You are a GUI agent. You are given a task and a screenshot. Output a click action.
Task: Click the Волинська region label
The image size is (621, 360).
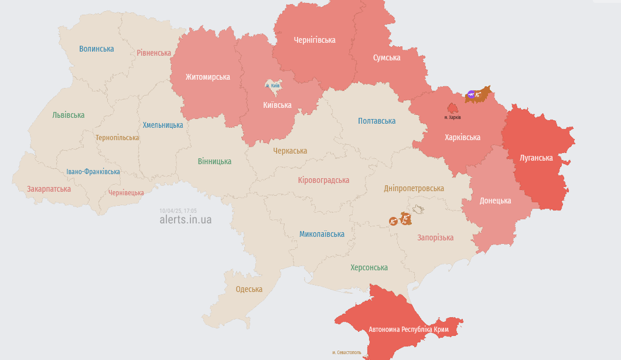pyautogui.click(x=97, y=49)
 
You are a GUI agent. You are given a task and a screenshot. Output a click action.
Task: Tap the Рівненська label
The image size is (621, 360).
pyautogui.click(x=154, y=53)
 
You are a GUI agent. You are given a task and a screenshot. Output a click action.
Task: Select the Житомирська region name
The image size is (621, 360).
pyautogui.click(x=207, y=77)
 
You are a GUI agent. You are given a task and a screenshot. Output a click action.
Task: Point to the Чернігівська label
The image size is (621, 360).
pyautogui.click(x=315, y=40)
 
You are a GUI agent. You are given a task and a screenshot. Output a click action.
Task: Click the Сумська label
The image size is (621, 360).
pyautogui.click(x=387, y=57)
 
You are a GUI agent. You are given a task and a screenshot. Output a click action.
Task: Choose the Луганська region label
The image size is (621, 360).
pyautogui.click(x=536, y=158)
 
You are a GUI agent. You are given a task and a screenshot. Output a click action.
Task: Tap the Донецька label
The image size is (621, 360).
pyautogui.click(x=495, y=201)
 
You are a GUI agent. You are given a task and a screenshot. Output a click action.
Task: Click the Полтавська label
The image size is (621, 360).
pyautogui.click(x=377, y=121)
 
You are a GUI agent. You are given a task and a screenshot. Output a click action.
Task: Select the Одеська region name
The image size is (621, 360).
pyautogui.click(x=249, y=289)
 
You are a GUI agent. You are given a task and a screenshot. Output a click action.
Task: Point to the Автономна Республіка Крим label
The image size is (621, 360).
pyautogui.click(x=408, y=330)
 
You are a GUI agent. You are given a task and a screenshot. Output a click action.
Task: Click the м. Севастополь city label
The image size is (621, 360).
pyautogui.click(x=347, y=352)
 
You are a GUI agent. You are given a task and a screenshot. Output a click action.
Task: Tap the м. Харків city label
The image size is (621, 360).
pyautogui.click(x=452, y=117)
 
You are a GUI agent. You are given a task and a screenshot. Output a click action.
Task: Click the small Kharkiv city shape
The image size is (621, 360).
pyautogui.click(x=453, y=108)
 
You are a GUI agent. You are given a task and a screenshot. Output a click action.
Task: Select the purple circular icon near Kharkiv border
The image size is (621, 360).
pyautogui.click(x=471, y=94)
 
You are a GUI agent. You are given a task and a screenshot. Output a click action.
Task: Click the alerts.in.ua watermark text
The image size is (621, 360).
pyautogui.click(x=186, y=220)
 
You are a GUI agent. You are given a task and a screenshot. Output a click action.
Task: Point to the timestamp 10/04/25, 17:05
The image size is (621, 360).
pyautogui.click(x=178, y=210)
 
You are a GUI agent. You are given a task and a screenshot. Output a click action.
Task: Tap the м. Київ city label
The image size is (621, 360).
pyautogui.click(x=273, y=86)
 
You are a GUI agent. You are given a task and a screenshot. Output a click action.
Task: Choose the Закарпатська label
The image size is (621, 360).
pyautogui.click(x=49, y=189)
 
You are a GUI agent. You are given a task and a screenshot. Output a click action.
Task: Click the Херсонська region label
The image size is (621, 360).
pyautogui.click(x=369, y=267)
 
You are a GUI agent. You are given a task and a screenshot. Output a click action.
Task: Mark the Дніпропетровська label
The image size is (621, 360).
pyautogui.click(x=414, y=188)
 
